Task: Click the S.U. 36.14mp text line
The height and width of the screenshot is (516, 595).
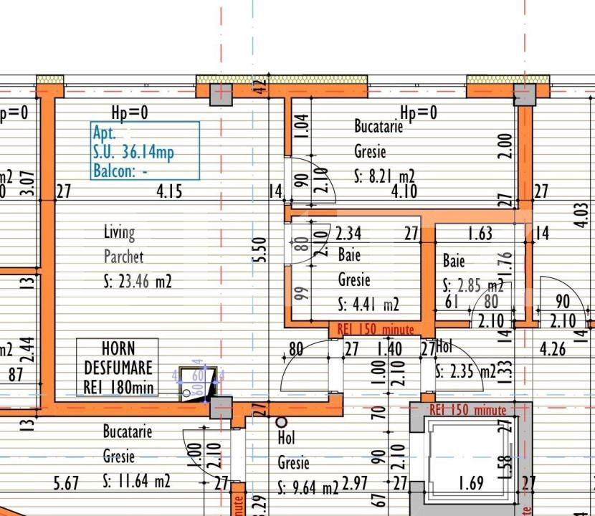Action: [133, 152]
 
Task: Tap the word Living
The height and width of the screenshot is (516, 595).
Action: [119, 232]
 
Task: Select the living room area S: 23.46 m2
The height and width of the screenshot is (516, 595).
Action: [138, 282]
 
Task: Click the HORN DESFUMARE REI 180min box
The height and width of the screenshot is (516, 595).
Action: [118, 367]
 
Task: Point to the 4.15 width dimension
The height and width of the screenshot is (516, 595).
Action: [170, 191]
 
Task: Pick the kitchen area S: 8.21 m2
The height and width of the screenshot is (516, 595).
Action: [385, 176]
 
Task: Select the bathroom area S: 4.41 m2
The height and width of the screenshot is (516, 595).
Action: [368, 305]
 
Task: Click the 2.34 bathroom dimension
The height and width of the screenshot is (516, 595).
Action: [348, 232]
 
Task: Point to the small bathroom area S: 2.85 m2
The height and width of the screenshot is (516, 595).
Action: [473, 285]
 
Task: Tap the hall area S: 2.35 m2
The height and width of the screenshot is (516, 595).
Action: [465, 372]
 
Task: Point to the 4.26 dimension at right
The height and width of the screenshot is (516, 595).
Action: [553, 350]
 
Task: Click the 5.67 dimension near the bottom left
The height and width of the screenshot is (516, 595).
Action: [66, 484]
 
